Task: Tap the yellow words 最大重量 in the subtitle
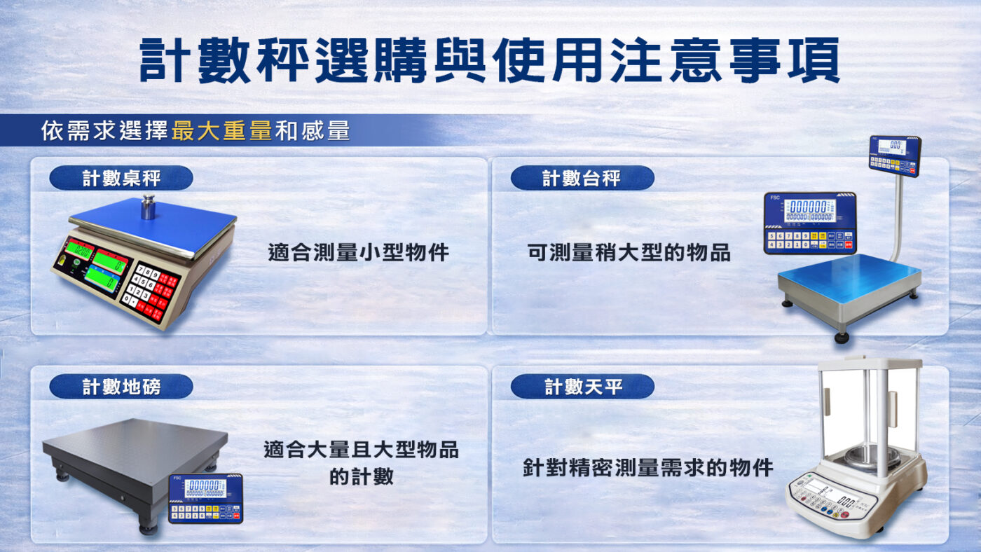(221, 130)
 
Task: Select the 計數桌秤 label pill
(121, 178)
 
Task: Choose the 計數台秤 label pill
(582, 178)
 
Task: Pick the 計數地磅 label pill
(121, 387)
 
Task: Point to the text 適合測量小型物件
(358, 252)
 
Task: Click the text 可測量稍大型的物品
(629, 252)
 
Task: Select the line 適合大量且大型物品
(361, 449)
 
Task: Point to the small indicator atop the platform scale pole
(894, 156)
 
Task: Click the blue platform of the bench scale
(849, 277)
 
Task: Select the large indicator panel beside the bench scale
(810, 223)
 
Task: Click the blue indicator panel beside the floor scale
(205, 498)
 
